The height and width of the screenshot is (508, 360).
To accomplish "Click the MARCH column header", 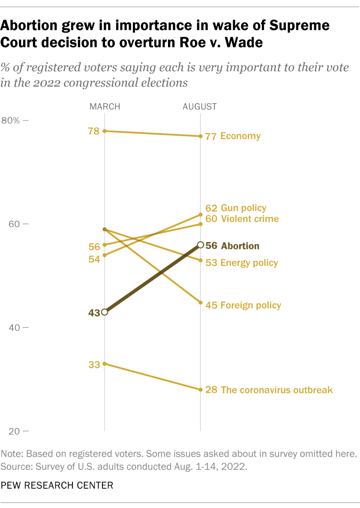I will (105, 107).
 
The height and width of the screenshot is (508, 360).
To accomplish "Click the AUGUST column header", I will (200, 107).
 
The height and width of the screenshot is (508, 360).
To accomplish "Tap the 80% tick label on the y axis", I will (11, 120).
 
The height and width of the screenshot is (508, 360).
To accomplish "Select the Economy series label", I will (240, 136).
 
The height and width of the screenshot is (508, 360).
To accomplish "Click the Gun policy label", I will (243, 208).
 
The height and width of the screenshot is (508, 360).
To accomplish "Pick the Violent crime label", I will (249, 219).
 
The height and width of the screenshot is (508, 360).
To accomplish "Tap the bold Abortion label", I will (240, 246).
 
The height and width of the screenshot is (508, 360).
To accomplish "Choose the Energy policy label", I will (249, 263).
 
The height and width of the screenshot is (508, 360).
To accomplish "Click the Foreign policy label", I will (251, 305).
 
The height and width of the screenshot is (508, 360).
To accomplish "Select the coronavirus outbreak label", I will (276, 390).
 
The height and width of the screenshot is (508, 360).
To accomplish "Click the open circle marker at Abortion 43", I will (105, 312).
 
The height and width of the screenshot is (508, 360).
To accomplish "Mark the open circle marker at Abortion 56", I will (200, 245).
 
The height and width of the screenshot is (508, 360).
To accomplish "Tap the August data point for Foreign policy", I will (200, 302).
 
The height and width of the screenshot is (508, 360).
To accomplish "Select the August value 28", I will (211, 390).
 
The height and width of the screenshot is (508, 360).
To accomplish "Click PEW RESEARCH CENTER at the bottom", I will (57, 485).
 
